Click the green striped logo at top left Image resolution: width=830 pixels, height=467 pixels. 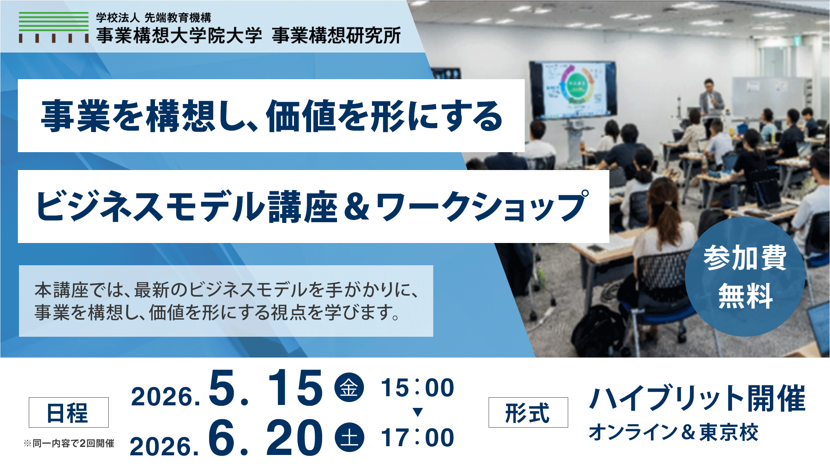(54, 27)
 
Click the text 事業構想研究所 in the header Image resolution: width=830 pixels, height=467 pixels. (336, 36)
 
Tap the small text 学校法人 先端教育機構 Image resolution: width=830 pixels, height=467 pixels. (154, 18)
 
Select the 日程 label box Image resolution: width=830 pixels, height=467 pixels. (69, 412)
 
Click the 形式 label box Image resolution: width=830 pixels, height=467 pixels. (528, 412)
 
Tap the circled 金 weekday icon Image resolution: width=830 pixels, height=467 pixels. (349, 387)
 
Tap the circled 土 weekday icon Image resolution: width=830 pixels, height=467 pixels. (349, 437)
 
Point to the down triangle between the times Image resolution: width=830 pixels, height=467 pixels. (418, 412)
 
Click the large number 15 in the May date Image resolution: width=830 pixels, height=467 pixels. (295, 387)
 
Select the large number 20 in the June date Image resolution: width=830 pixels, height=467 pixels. (295, 437)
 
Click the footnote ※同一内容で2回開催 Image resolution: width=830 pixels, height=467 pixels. (69, 443)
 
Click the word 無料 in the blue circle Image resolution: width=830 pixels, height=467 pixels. (745, 296)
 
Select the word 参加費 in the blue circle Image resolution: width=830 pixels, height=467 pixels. (745, 258)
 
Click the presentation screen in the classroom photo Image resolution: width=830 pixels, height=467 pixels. (573, 90)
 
